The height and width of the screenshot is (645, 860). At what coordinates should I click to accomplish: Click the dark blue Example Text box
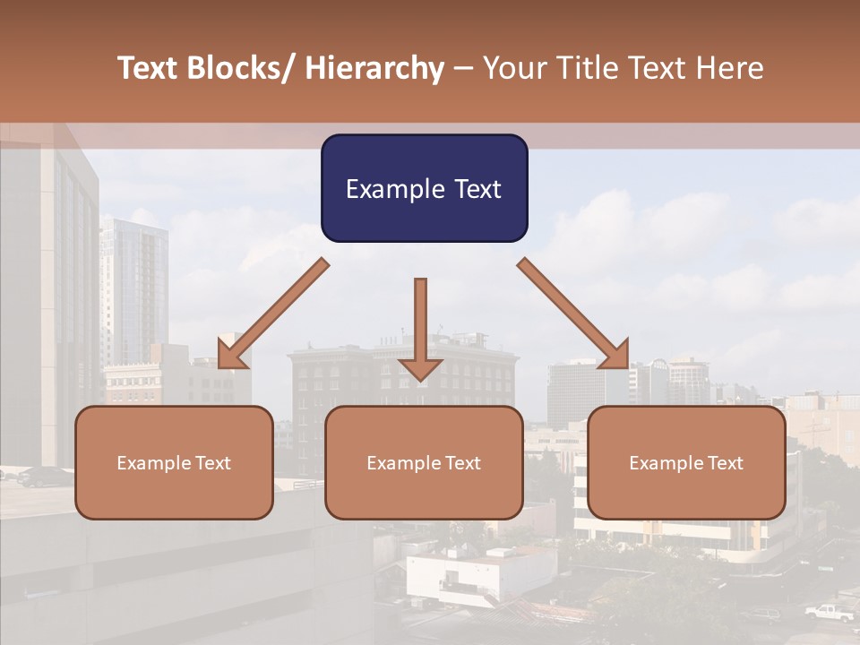click(424, 188)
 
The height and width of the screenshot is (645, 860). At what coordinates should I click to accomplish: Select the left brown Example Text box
click(174, 462)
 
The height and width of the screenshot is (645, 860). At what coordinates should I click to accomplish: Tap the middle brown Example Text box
click(424, 462)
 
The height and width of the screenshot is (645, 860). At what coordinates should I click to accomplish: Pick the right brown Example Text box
click(686, 462)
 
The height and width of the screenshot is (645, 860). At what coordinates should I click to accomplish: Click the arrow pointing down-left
click(274, 314)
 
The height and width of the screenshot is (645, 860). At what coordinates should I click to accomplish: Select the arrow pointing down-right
click(573, 314)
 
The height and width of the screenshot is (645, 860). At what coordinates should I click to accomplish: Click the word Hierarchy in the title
click(374, 68)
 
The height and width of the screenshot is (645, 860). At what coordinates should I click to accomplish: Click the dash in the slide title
click(463, 68)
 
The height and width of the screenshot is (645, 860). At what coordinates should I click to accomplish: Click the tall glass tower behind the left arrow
click(133, 287)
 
